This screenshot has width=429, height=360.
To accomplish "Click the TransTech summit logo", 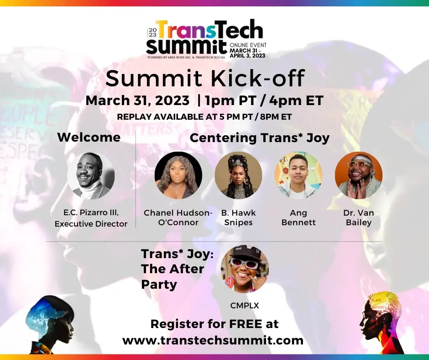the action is [x=207, y=39].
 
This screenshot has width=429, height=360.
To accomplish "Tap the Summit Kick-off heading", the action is [x=205, y=79].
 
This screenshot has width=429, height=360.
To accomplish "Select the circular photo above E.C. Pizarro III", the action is [x=91, y=175].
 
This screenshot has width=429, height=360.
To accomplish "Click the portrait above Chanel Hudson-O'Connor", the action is [x=178, y=175].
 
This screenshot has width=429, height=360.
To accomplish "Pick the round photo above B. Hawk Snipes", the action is [x=238, y=175].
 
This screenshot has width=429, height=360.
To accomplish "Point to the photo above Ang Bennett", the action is [x=298, y=175].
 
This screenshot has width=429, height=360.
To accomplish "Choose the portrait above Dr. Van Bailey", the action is [x=358, y=175].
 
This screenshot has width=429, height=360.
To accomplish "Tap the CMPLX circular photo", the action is [x=245, y=269].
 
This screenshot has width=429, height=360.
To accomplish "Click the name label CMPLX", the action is [x=245, y=306].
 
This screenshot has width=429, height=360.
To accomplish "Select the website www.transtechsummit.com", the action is [x=213, y=340].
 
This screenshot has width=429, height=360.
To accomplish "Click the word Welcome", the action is [x=89, y=137].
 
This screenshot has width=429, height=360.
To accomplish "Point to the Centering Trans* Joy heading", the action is [x=260, y=138].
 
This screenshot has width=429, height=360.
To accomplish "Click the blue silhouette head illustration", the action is [x=49, y=325].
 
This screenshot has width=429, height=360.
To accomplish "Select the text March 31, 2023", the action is [x=137, y=101].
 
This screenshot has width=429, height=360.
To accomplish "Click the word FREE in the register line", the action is [x=246, y=324].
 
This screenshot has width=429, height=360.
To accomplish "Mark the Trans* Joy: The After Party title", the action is [x=177, y=269].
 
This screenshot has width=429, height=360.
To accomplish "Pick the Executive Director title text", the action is [x=91, y=224].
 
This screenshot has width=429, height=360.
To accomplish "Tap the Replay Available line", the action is [x=204, y=116].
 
